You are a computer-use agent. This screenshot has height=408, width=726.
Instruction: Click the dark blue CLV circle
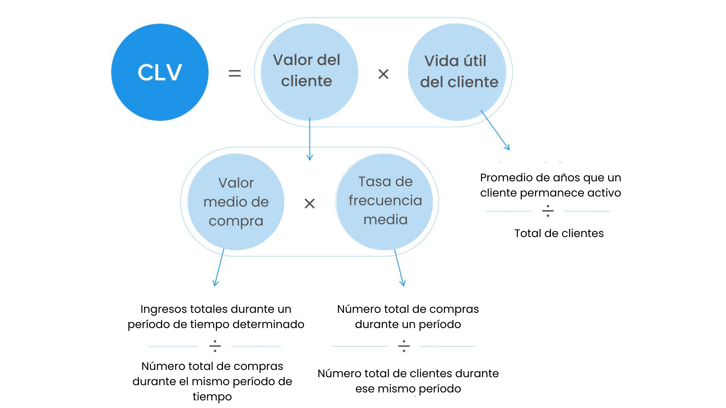160,72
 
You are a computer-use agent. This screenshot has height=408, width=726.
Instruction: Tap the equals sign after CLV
235,73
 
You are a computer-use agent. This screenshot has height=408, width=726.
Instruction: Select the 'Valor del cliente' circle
309,72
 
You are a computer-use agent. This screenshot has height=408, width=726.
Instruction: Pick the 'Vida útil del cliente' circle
457,72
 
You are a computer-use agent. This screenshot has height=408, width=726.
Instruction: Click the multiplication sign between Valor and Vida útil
383,74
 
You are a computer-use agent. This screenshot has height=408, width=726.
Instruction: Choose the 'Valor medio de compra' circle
236,202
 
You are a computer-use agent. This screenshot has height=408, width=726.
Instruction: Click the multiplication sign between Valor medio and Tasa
309,203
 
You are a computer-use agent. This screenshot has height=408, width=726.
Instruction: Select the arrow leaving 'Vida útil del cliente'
496,130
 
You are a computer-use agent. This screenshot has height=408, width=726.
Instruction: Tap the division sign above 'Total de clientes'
548,211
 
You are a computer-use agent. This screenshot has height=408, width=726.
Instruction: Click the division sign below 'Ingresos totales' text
215,346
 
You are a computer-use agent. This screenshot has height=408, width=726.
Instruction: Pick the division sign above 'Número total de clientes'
404,346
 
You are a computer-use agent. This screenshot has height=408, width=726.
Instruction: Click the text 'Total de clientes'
559,233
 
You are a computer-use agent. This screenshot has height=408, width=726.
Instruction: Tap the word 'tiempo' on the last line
212,397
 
